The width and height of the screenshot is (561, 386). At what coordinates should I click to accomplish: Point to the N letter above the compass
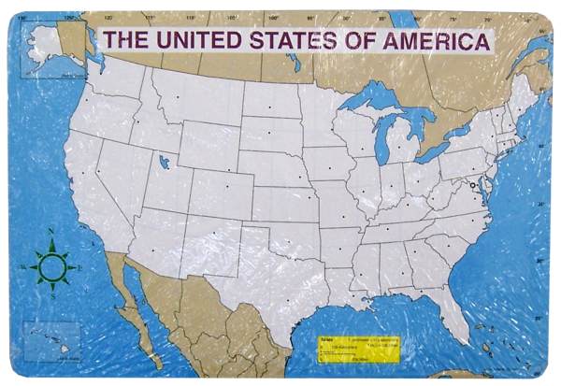click(x=50, y=231)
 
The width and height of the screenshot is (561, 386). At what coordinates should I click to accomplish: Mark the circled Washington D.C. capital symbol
click(x=473, y=186)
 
